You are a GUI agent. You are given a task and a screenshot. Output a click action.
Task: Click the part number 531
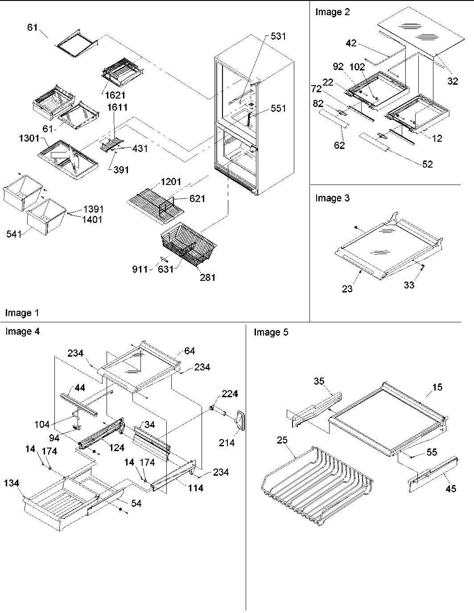[278, 36]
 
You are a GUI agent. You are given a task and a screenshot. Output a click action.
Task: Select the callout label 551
[278, 108]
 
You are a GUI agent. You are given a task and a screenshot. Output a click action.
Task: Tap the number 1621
[115, 95]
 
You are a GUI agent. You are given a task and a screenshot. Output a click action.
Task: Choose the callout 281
[208, 277]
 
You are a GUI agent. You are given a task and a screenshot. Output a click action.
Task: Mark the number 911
[140, 269]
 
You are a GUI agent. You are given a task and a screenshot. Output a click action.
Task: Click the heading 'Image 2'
[333, 12]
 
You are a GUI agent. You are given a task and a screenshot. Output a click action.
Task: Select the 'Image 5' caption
[271, 332]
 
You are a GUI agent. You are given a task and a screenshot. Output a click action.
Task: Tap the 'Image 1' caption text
[22, 313]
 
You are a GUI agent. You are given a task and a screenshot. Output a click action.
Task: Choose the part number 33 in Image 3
[409, 285]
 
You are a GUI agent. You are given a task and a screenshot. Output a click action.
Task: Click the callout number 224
[230, 394]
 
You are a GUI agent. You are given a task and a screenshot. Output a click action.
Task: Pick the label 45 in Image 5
[451, 489]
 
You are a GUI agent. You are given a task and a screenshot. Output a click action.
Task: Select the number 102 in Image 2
[358, 67]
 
